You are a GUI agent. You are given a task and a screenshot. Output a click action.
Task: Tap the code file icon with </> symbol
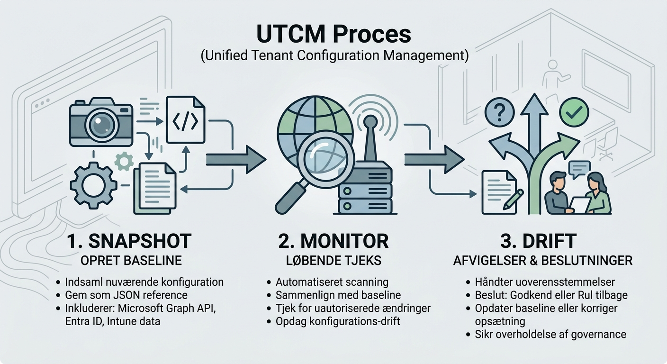[185, 119]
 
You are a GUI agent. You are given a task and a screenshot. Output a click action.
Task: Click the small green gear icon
[125, 162]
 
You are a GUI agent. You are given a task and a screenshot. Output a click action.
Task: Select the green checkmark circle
[574, 112]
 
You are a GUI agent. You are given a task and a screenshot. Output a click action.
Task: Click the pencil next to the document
[514, 200]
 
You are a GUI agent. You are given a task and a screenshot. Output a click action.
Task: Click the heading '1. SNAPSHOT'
[129, 241]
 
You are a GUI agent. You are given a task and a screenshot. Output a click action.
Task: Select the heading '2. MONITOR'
[333, 241]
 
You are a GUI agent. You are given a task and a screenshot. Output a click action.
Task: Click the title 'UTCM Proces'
[333, 35]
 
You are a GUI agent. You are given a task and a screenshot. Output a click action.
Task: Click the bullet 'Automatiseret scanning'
[331, 282]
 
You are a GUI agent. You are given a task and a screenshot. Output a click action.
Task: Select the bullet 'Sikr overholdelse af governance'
[550, 335]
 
